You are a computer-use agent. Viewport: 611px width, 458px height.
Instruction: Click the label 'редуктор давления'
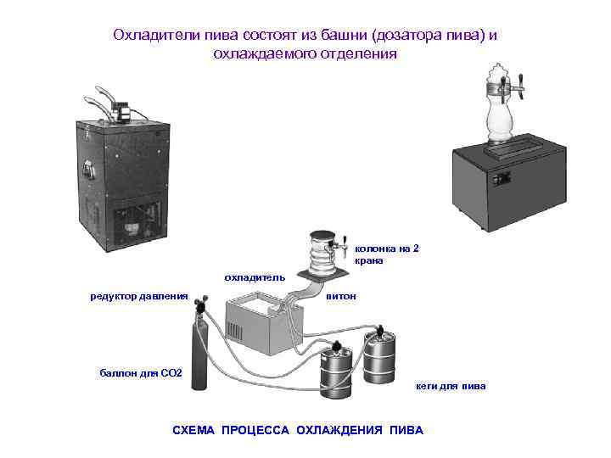(x=139, y=297)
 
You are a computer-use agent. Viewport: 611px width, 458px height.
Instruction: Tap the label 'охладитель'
(x=255, y=277)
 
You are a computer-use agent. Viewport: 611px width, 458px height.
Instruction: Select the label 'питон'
(x=341, y=296)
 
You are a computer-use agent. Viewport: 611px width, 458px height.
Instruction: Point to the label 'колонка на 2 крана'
(x=387, y=254)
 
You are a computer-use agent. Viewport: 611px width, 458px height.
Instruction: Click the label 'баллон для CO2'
(x=141, y=373)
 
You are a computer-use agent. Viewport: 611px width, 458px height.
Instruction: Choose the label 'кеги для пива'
(x=451, y=387)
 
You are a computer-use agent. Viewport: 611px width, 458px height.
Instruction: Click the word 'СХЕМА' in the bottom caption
(x=193, y=430)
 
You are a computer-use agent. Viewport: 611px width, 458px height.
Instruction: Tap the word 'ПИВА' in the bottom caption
(x=406, y=430)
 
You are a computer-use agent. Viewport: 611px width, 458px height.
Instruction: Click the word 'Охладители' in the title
(x=157, y=35)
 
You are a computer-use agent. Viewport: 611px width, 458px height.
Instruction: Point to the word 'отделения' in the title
(x=359, y=53)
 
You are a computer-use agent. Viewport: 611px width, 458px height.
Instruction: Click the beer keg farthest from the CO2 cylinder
(x=379, y=356)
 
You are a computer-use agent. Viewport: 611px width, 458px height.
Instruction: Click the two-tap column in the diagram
(x=323, y=253)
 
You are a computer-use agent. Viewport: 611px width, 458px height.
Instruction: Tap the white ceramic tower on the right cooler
(x=500, y=103)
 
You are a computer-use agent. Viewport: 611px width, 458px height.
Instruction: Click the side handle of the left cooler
(x=87, y=170)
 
